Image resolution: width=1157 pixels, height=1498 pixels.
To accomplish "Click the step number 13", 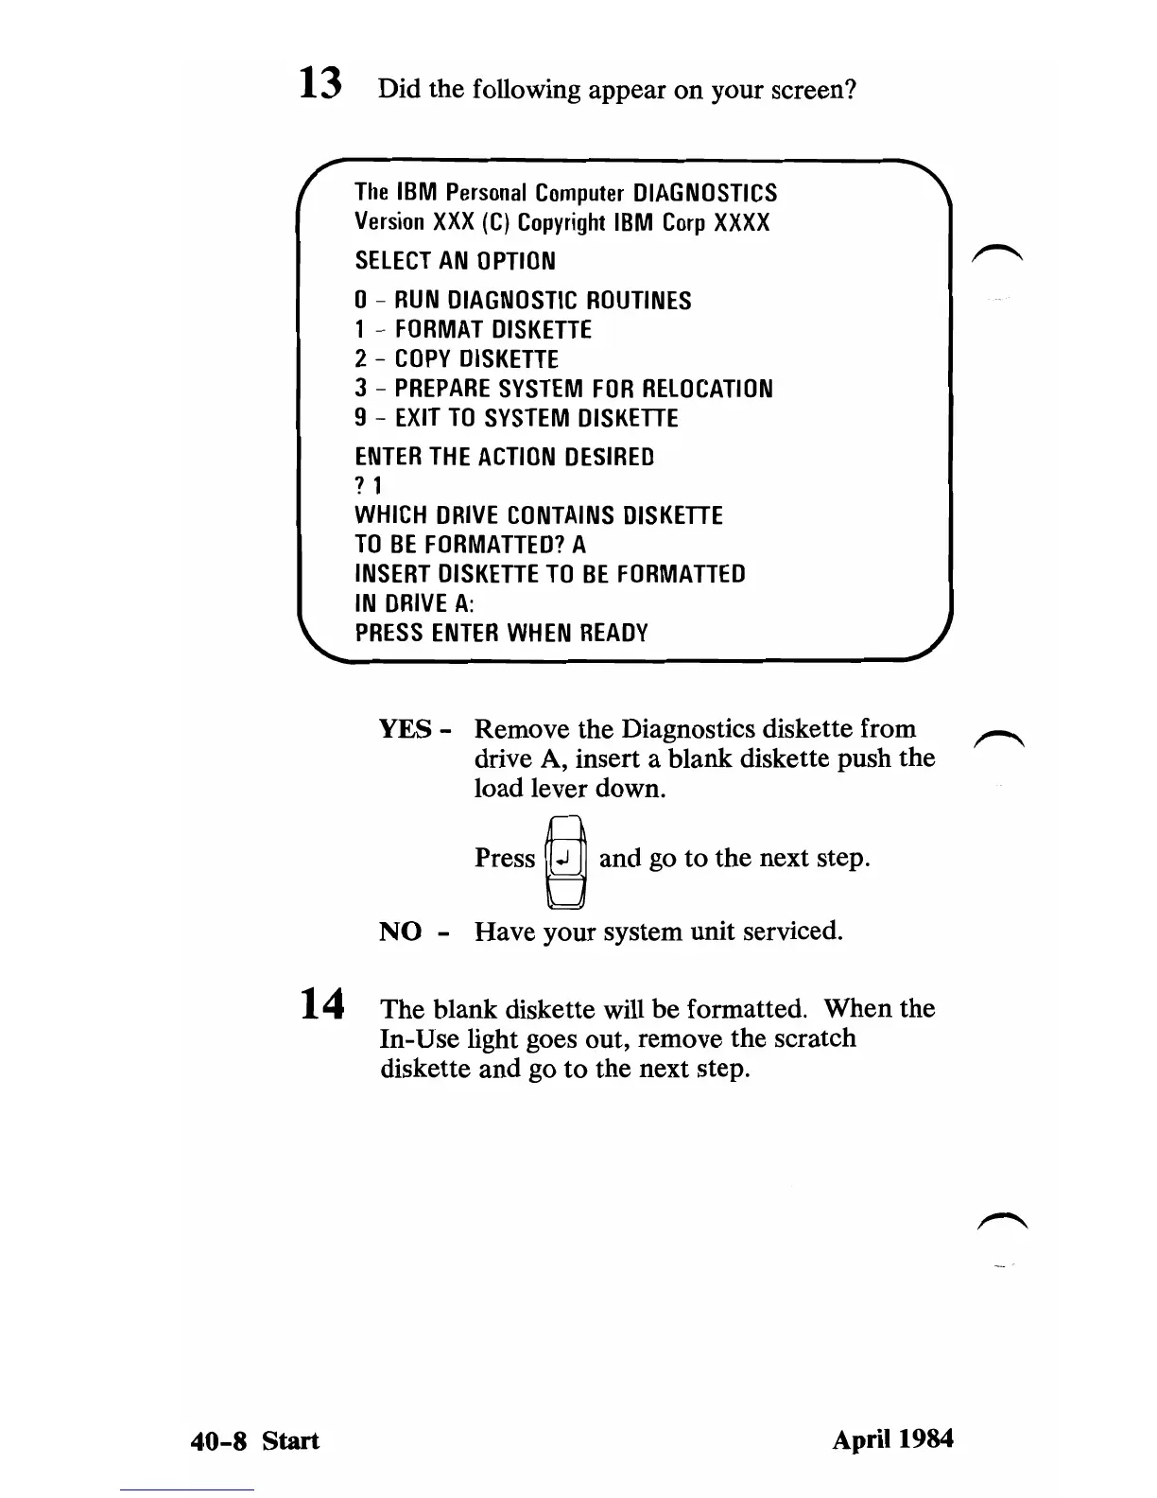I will pos(319,84).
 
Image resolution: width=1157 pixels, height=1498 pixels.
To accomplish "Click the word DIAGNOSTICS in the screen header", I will pos(705,194).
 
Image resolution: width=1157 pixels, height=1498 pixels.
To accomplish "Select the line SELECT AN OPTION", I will pos(455,261).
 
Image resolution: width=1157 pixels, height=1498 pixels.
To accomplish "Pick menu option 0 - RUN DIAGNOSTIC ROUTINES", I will pos(523,302).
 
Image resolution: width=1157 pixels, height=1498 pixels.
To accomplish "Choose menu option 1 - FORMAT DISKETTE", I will pos(473,331).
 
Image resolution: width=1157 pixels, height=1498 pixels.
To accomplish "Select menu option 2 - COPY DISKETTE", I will pos(457,360).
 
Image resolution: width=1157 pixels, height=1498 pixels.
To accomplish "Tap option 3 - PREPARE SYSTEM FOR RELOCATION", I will pos(563,390).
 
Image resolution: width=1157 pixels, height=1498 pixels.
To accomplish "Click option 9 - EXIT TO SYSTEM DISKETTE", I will pos(516,419).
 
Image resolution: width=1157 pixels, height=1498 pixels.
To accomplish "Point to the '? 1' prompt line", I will pos(367,487).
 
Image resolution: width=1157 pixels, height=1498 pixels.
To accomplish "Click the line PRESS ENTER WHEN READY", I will pos(501,634).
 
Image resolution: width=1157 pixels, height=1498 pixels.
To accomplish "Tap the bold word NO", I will pos(401,932).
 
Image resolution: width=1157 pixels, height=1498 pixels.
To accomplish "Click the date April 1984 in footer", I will pos(892,1440).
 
